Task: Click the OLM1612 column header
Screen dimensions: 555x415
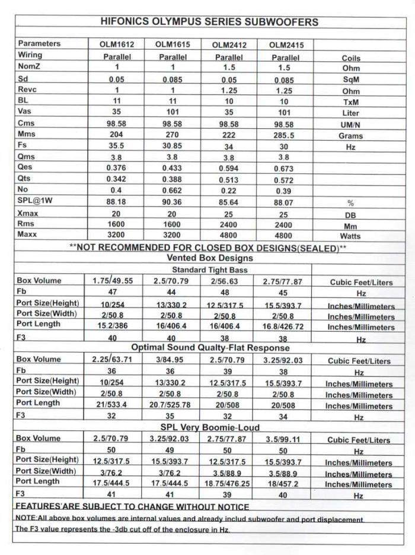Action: pyautogui.click(x=112, y=45)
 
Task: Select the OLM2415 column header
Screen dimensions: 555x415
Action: pyautogui.click(x=285, y=46)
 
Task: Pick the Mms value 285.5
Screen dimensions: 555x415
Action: pyautogui.click(x=285, y=135)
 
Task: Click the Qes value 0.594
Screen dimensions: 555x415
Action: pyautogui.click(x=228, y=169)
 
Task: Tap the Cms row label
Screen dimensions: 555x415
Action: pyautogui.click(x=27, y=123)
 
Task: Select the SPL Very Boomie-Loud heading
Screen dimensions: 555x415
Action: pyautogui.click(x=210, y=427)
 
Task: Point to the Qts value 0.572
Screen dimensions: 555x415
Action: pyautogui.click(x=285, y=180)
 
